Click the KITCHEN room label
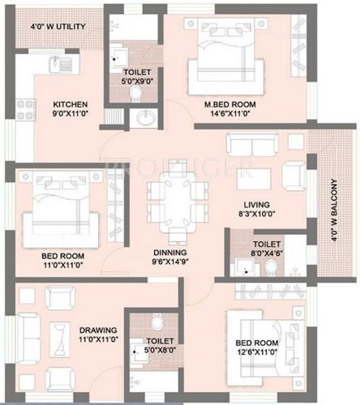pyautogui.click(x=71, y=105)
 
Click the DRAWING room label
pyautogui.click(x=97, y=330)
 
